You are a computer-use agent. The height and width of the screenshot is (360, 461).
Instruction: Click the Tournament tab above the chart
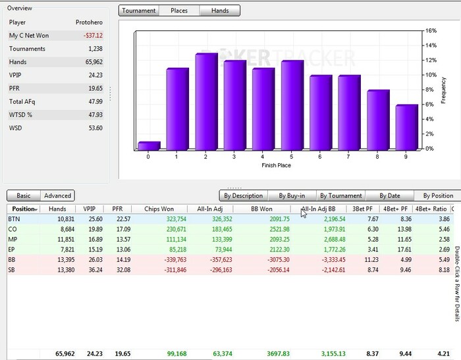coord(140,11)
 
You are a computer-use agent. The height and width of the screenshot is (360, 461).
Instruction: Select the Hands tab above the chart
coord(220,11)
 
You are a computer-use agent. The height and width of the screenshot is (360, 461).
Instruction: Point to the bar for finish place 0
coord(149,145)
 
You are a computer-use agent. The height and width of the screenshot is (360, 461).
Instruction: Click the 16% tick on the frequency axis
coord(431,30)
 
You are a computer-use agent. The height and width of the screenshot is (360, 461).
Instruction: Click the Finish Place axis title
coord(278,165)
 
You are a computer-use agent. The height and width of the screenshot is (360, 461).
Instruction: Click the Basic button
coord(24,195)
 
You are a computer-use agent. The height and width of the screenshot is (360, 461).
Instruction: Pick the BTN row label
coord(14,219)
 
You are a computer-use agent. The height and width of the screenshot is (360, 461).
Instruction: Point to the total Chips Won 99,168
coord(173,353)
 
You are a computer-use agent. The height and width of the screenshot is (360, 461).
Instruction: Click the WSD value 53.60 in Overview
coord(95,128)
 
